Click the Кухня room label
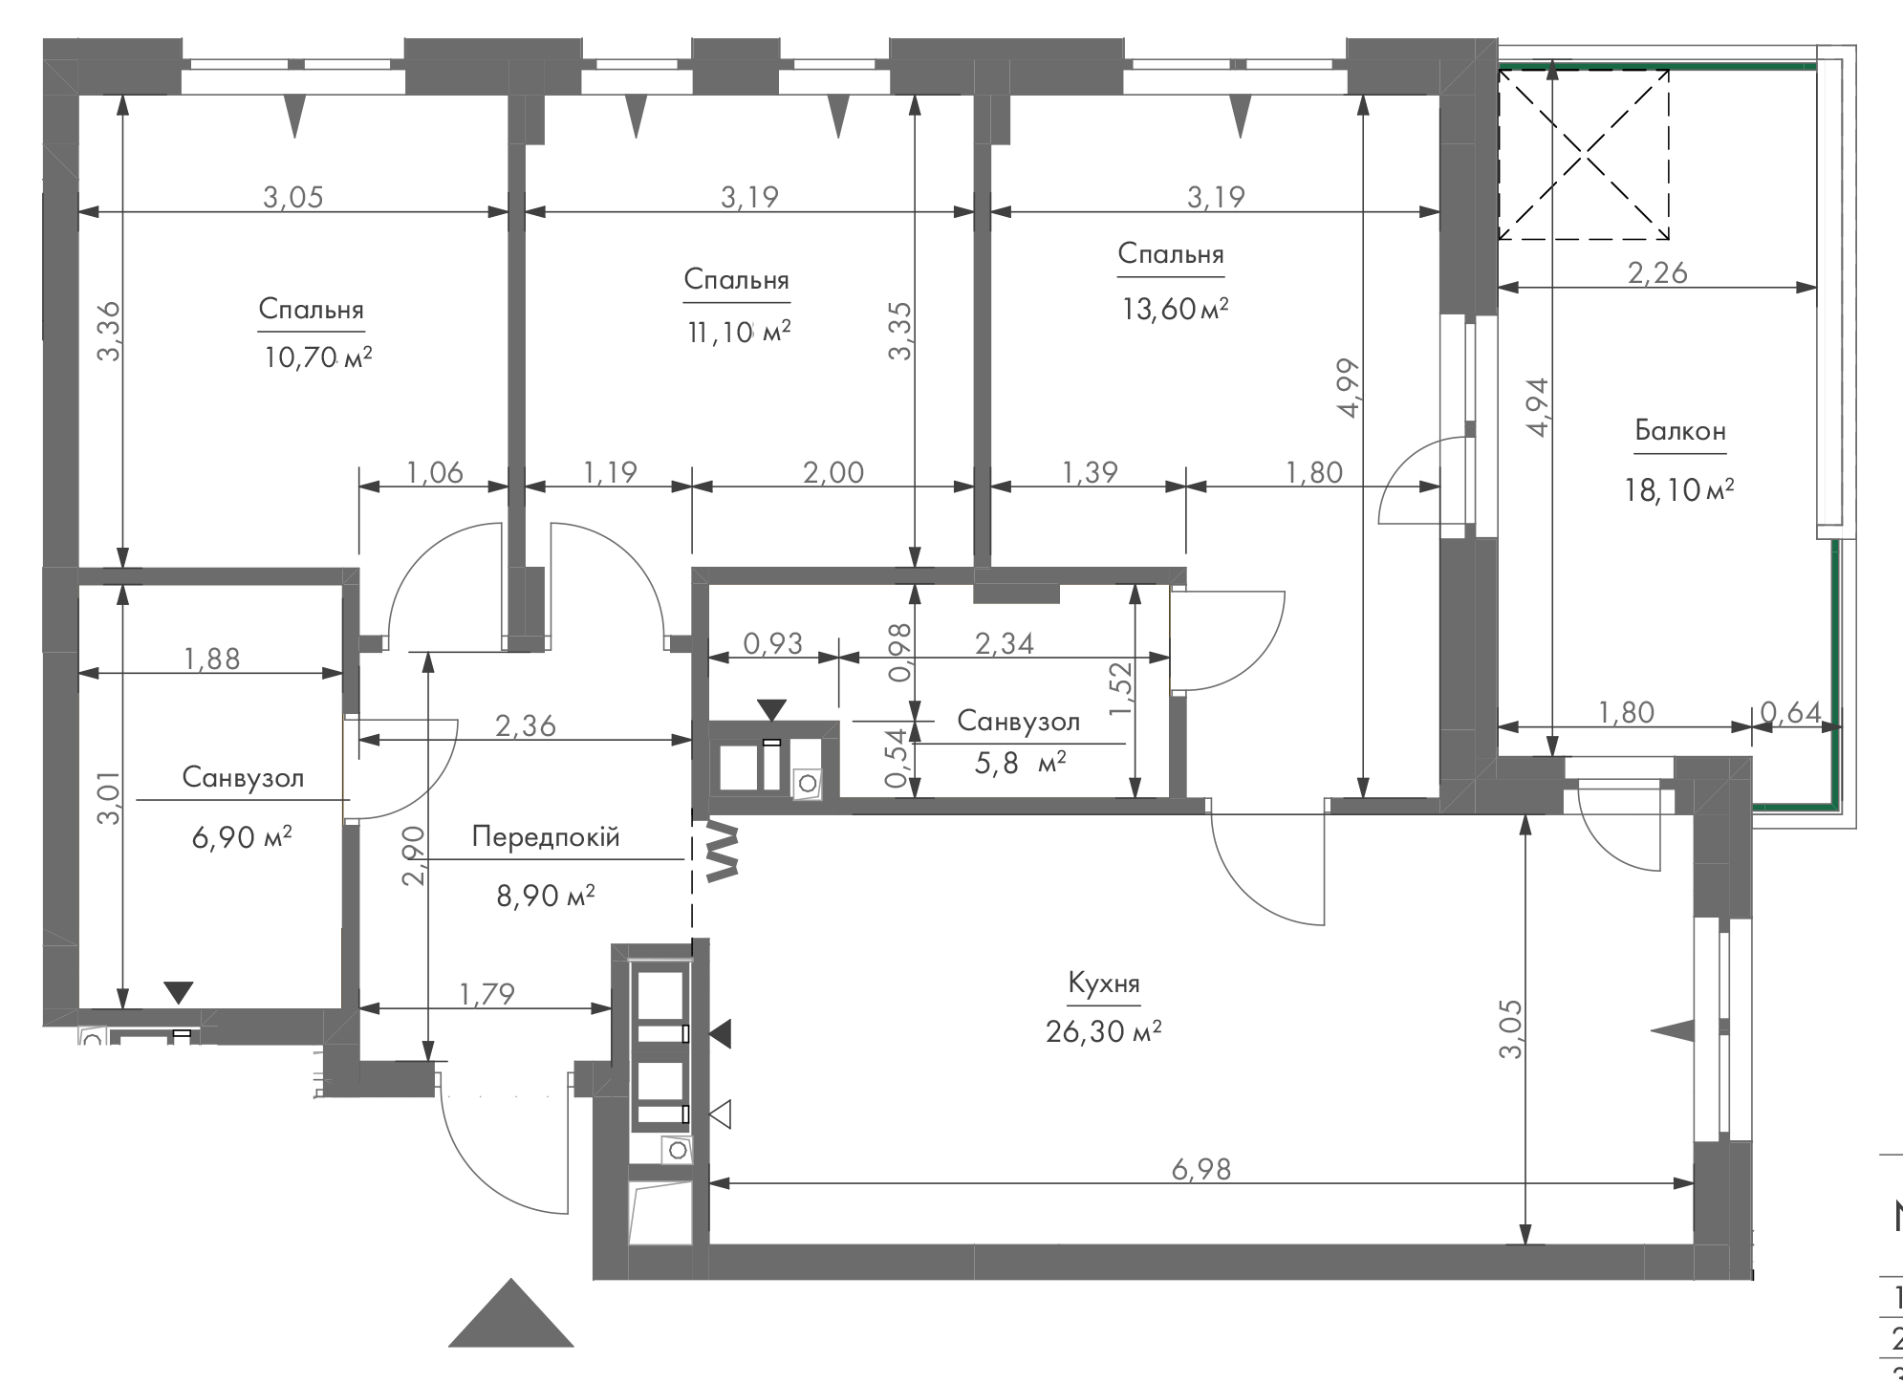[x=1104, y=984]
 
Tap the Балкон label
[x=1680, y=431]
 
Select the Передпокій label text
[x=546, y=838]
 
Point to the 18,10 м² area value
[x=1679, y=490]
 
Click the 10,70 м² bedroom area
[x=316, y=358]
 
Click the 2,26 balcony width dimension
[x=1657, y=272]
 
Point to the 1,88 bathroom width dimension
[x=212, y=659]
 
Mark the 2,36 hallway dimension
[x=526, y=726]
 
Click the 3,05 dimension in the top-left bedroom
[x=293, y=197]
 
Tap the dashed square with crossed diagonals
[x=1584, y=154]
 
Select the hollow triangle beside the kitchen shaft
[x=721, y=1114]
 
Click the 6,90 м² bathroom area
[x=242, y=838]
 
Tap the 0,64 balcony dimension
[x=1790, y=712]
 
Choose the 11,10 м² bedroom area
[x=737, y=332]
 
